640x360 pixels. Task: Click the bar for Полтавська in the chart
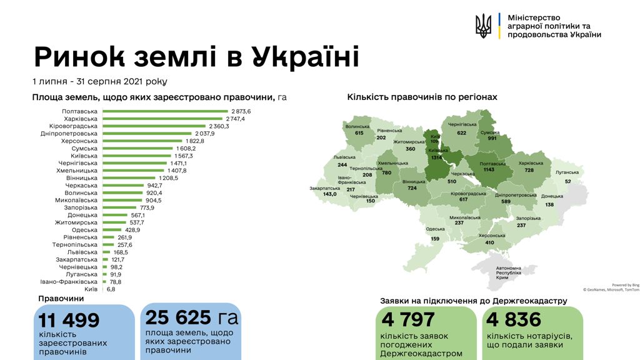(x=165, y=111)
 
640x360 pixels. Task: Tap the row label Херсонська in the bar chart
(x=80, y=141)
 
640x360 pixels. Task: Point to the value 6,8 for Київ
(x=110, y=289)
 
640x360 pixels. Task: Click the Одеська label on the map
(x=435, y=229)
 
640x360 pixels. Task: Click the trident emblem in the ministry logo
(x=483, y=26)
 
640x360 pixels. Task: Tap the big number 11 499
(x=69, y=321)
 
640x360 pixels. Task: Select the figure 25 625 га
(x=192, y=317)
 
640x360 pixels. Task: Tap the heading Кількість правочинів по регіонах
(x=422, y=97)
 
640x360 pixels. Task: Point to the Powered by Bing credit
(x=626, y=285)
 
